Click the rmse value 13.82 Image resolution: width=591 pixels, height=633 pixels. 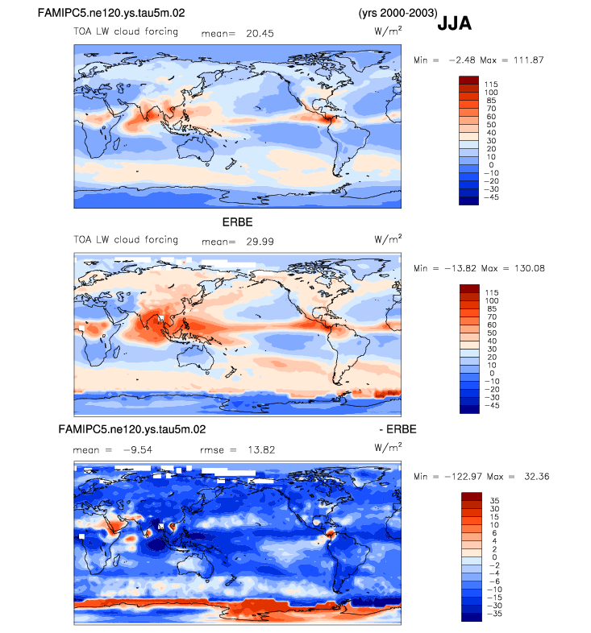pyautogui.click(x=260, y=449)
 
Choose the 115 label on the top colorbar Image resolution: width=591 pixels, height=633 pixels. pyautogui.click(x=491, y=84)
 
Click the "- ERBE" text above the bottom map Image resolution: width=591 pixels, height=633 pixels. pyautogui.click(x=398, y=429)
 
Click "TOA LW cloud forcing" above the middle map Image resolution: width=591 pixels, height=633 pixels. pyautogui.click(x=125, y=240)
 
